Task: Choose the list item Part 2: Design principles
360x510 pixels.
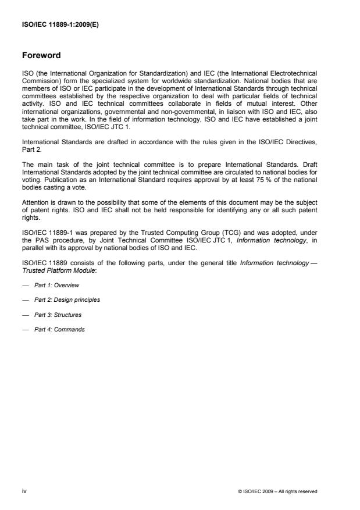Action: pos(65,300)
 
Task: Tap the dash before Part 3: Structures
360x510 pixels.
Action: pos(24,315)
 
